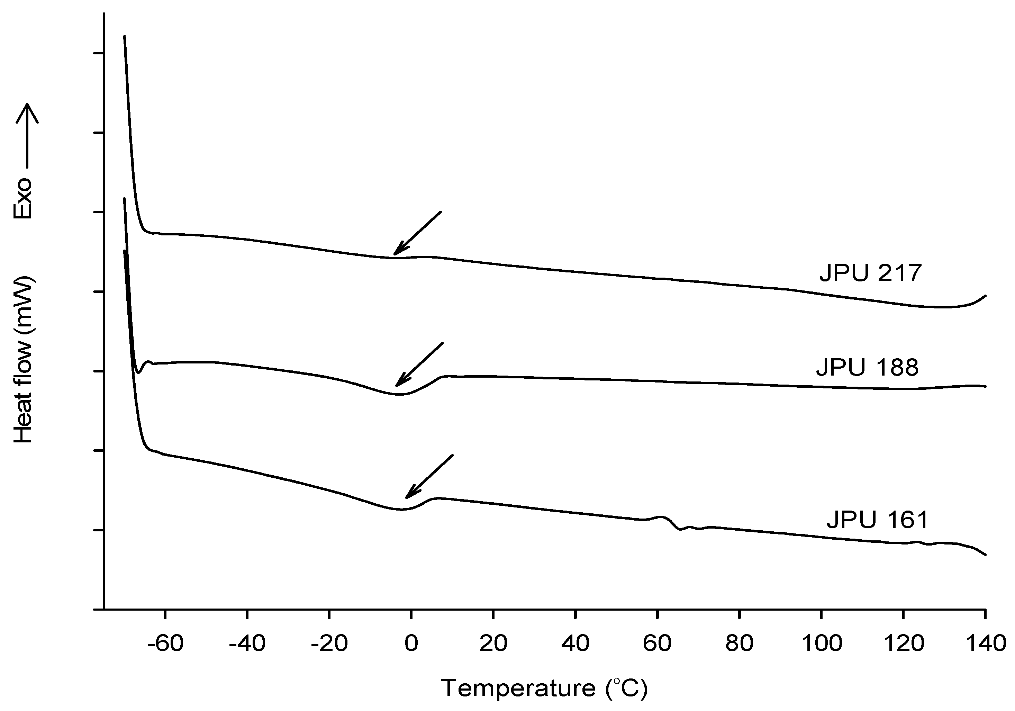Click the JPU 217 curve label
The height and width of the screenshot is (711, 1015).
point(870,273)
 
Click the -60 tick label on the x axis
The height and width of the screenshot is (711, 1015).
point(165,643)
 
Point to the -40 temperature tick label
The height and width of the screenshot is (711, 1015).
point(247,643)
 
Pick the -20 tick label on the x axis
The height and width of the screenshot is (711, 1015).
point(329,643)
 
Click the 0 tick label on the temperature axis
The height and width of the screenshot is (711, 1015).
point(411,643)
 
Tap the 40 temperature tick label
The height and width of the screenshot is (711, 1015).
point(575,643)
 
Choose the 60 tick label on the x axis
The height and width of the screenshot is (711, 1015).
point(658,643)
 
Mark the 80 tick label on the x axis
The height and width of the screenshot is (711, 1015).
point(739,643)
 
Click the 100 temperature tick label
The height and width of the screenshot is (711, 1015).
point(821,643)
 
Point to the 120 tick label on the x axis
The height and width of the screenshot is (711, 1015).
point(904,643)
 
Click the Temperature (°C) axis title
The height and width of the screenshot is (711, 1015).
point(544,688)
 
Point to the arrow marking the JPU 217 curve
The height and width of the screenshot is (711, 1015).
point(417,233)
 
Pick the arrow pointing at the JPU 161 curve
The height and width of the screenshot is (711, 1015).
point(429,476)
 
